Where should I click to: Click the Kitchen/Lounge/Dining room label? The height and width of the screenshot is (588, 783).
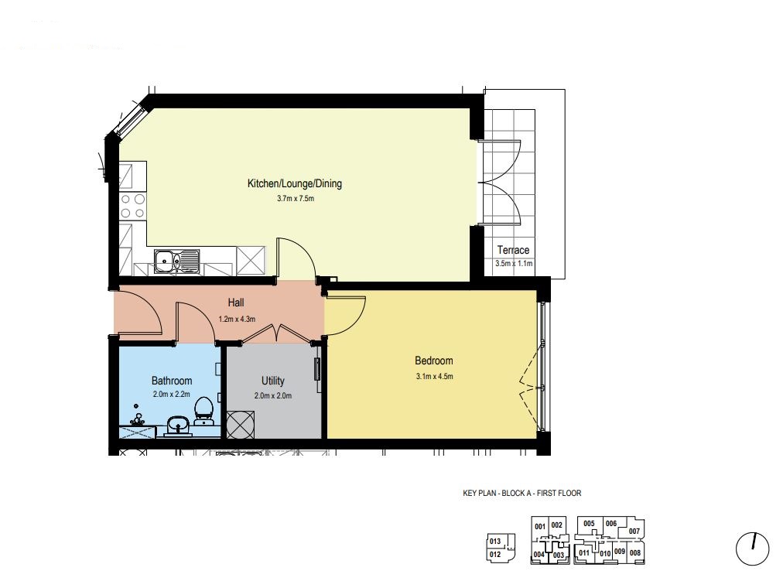point(295,183)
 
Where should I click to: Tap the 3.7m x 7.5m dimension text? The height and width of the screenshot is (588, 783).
point(295,199)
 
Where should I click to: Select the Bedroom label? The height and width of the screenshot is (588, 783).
point(434,361)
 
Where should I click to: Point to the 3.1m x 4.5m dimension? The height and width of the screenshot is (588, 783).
point(434,376)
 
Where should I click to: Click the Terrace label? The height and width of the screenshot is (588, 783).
point(513,250)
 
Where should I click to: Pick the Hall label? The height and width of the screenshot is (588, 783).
point(236,303)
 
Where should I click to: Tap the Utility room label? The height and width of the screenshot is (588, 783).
point(272,381)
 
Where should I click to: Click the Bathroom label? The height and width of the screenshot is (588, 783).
point(172,381)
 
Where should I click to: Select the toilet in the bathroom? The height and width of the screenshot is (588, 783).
point(203,411)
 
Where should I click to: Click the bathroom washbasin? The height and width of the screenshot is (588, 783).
point(177,426)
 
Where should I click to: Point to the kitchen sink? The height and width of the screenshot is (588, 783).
point(176,262)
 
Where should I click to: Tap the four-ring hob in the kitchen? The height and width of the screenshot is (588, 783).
point(133,207)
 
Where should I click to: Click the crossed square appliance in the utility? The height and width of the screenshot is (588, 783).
point(240,425)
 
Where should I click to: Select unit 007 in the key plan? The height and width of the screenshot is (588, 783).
point(634,531)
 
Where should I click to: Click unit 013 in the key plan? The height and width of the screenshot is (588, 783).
point(495,541)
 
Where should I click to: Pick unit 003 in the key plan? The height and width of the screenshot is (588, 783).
point(559,555)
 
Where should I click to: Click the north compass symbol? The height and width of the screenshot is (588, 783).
point(752,549)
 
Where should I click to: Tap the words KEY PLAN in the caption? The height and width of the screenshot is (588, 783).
point(480,493)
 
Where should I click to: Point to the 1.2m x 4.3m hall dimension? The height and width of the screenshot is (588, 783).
point(237,319)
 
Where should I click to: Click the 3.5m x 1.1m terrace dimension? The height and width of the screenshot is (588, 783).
point(514,264)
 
